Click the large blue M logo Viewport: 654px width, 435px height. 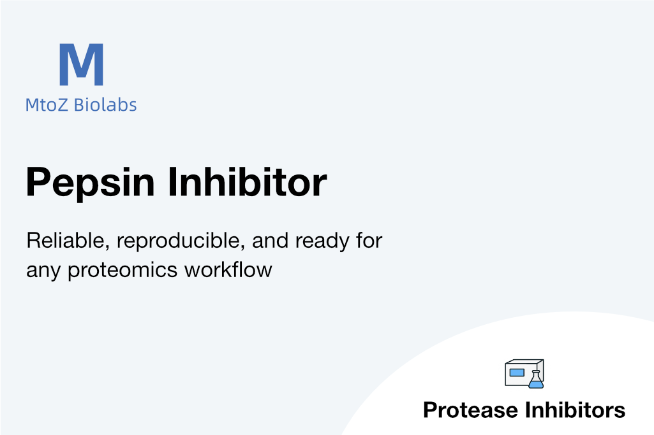81,64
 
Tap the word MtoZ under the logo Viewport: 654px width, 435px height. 47,105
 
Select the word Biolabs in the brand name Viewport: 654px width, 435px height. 105,104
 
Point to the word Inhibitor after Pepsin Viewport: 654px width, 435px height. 248,182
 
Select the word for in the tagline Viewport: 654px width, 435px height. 369,241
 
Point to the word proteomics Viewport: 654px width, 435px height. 123,271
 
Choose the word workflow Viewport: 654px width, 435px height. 228,270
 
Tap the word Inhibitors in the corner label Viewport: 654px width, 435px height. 575,410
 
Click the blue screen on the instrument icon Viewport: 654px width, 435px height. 517,373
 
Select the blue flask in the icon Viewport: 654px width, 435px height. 536,380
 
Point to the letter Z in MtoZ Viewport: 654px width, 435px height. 62,105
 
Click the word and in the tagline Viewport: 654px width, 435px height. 270,241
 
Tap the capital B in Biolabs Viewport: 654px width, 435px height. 79,105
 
